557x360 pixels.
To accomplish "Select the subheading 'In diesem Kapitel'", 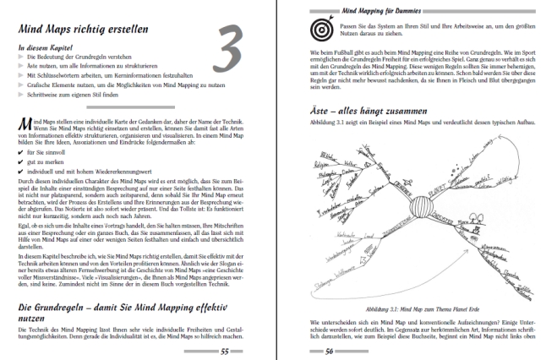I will pos(45,48).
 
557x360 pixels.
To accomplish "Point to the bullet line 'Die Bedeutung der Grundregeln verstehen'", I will pos(80,59).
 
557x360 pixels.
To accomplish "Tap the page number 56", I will pos(334,351).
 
